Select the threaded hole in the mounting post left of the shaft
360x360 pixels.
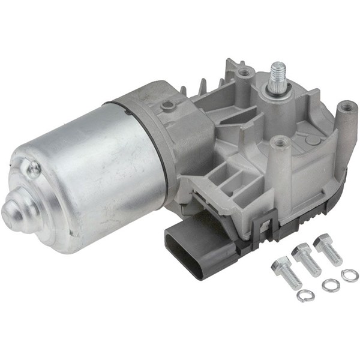pos(244,73)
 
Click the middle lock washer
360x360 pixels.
pos(330,286)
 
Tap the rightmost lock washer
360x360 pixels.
pos(350,275)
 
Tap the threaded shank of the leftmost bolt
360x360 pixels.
pos(291,277)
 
